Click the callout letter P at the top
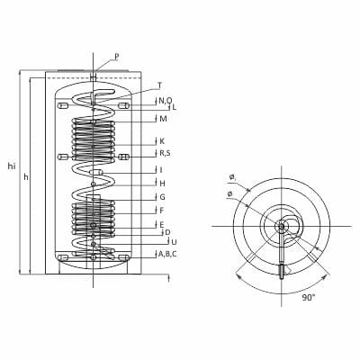[x=117, y=57]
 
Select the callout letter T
[x=160, y=85]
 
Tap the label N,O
[x=166, y=101]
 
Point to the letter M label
[x=163, y=119]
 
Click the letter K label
[x=162, y=141]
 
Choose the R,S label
[x=165, y=153]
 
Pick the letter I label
[x=161, y=170]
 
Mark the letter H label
[x=162, y=184]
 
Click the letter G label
[x=162, y=197]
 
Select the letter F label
[x=162, y=211]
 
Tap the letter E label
[x=162, y=224]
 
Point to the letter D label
[x=167, y=232]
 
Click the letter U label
[x=174, y=241]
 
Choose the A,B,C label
[x=167, y=254]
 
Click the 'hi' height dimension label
[x=12, y=166]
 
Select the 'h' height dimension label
[x=26, y=177]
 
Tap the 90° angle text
[x=309, y=298]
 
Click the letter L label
[x=174, y=107]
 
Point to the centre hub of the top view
[x=281, y=226]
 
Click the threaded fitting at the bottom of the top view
[x=282, y=272]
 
